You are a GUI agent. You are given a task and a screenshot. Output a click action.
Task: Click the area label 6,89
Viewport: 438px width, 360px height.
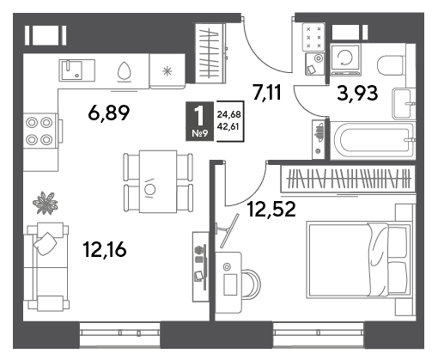click(x=109, y=113)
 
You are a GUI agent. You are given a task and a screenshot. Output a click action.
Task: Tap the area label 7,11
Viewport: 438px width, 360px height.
click(x=267, y=92)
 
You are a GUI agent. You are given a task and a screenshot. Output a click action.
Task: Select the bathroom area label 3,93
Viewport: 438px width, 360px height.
click(x=357, y=94)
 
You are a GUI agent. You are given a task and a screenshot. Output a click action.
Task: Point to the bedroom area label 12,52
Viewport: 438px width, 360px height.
click(x=271, y=209)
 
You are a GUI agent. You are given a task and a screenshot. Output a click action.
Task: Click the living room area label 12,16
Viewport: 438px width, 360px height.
click(x=105, y=249)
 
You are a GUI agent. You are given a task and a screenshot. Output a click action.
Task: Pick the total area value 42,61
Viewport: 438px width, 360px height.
click(x=228, y=126)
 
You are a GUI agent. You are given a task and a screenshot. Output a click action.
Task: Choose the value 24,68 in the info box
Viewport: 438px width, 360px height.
click(x=228, y=114)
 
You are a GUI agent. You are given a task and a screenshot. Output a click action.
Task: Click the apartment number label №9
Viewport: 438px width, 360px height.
click(x=200, y=133)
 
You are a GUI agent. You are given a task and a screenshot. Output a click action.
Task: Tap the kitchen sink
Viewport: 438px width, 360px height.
click(x=76, y=70)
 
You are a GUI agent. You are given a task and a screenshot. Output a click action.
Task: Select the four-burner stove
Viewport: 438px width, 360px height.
click(x=40, y=131)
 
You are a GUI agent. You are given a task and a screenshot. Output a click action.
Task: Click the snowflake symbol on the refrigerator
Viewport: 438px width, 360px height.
click(x=167, y=71)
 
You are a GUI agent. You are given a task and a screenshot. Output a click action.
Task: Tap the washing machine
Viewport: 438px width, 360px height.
click(x=345, y=58)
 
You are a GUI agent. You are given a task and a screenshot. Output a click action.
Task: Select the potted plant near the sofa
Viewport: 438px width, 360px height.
click(x=46, y=203)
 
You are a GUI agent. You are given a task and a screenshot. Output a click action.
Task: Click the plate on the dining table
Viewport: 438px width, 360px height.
click(x=150, y=189)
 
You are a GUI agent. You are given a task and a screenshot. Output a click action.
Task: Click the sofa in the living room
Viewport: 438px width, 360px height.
click(x=47, y=267)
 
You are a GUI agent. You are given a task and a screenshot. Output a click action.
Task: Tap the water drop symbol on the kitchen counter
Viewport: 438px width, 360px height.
click(x=125, y=70)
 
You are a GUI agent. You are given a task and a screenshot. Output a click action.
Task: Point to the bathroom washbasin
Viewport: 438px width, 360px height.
click(x=403, y=103)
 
